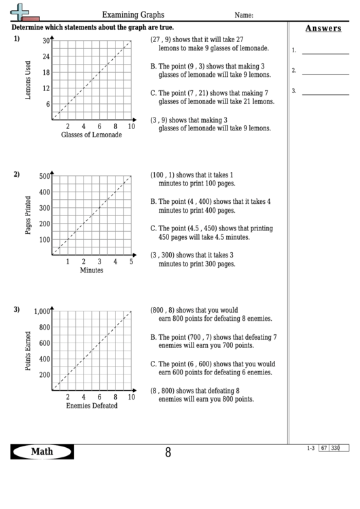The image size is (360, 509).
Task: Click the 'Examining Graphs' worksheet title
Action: (132, 14)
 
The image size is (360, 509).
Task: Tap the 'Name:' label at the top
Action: (244, 15)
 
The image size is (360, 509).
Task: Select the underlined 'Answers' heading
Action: (323, 29)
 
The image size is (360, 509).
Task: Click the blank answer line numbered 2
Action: (325, 71)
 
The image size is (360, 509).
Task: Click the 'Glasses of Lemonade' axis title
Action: (92, 135)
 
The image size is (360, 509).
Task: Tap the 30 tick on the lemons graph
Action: (46, 41)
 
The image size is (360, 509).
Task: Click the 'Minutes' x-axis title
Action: (92, 270)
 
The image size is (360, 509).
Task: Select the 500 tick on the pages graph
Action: (44, 177)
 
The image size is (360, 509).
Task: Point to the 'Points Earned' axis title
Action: (28, 351)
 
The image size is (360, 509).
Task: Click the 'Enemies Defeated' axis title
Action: (92, 406)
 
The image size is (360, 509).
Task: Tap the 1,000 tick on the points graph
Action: (42, 312)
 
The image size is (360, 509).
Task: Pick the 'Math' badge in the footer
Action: (42, 452)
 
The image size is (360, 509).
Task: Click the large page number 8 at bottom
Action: (168, 453)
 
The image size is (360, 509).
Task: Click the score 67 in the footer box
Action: (324, 448)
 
